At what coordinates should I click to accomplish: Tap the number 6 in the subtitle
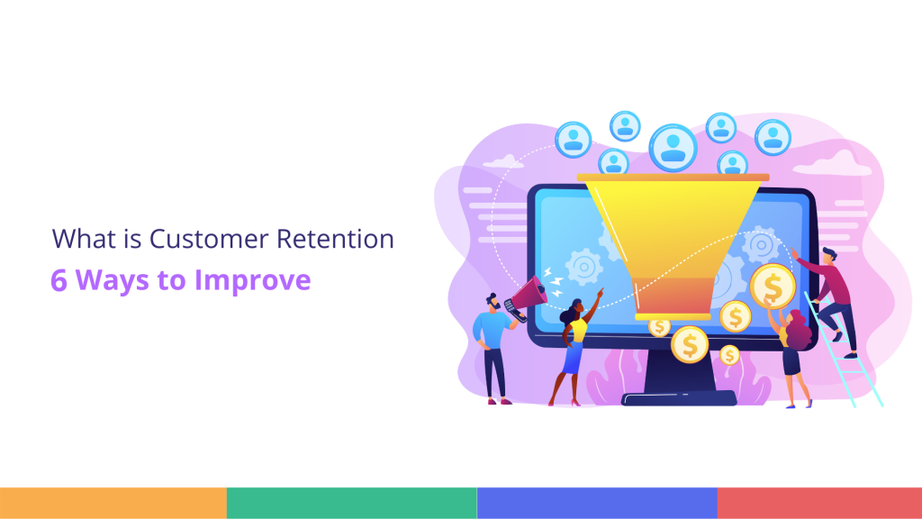(59, 280)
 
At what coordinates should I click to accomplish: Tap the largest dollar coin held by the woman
(772, 287)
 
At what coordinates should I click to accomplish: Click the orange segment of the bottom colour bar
(113, 503)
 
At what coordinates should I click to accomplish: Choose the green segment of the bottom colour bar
(351, 503)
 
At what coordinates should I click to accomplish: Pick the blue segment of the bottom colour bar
(596, 503)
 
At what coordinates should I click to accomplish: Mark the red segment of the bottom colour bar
(819, 503)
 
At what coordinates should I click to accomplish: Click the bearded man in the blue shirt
(493, 347)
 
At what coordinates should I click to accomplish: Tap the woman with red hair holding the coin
(795, 356)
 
